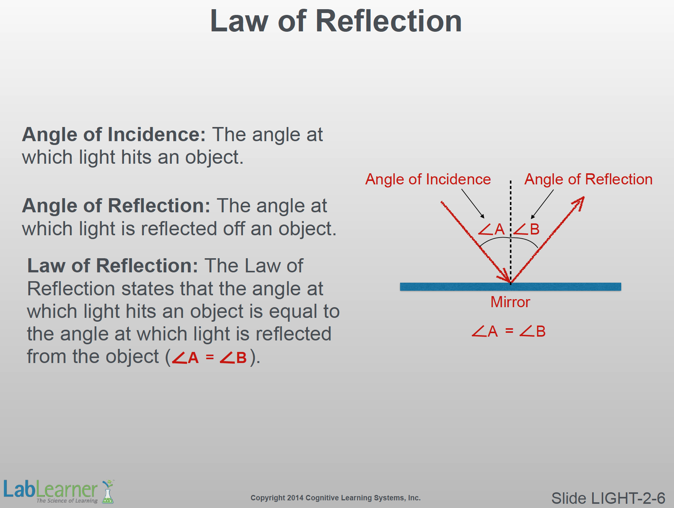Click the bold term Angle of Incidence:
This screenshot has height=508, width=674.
pyautogui.click(x=114, y=135)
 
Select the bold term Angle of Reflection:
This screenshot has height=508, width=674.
pyautogui.click(x=116, y=206)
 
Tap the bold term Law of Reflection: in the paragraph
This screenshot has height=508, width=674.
pyautogui.click(x=112, y=265)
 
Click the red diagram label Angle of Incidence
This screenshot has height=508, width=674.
pyautogui.click(x=428, y=179)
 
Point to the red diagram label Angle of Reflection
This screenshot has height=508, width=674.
pyautogui.click(x=588, y=179)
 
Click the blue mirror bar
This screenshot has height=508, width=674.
pyautogui.click(x=511, y=287)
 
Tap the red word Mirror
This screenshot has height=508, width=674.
pyautogui.click(x=510, y=302)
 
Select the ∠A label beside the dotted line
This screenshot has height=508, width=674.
pyautogui.click(x=491, y=229)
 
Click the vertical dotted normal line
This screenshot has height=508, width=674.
pyautogui.click(x=511, y=232)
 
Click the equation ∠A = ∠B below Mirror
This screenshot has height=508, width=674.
pyautogui.click(x=509, y=331)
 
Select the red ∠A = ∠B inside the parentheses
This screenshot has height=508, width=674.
pyautogui.click(x=209, y=358)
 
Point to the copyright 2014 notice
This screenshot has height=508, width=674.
pyautogui.click(x=335, y=498)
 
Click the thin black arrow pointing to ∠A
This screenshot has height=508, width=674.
pyautogui.click(x=473, y=204)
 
